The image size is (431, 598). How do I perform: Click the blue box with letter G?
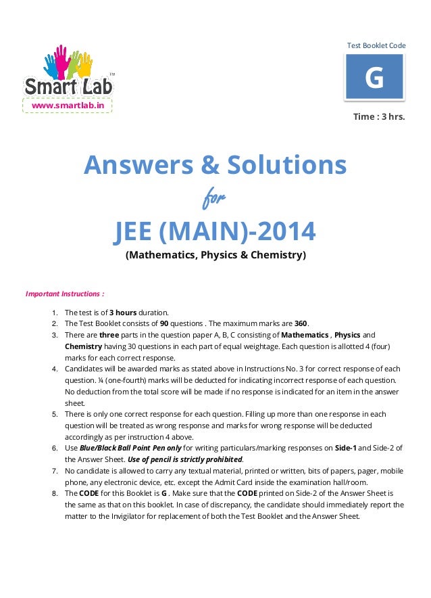point(374,78)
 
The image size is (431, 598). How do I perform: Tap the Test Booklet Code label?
point(376,45)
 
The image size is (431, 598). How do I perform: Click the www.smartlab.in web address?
point(68,106)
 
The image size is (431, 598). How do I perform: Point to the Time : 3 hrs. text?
point(379,116)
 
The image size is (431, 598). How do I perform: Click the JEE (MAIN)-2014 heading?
point(215,231)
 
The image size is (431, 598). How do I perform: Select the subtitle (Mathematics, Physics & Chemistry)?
point(215,256)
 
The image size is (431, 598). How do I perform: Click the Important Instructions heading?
point(65,294)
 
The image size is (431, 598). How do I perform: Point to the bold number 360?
point(301,323)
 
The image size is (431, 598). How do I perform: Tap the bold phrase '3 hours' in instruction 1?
point(123,313)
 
